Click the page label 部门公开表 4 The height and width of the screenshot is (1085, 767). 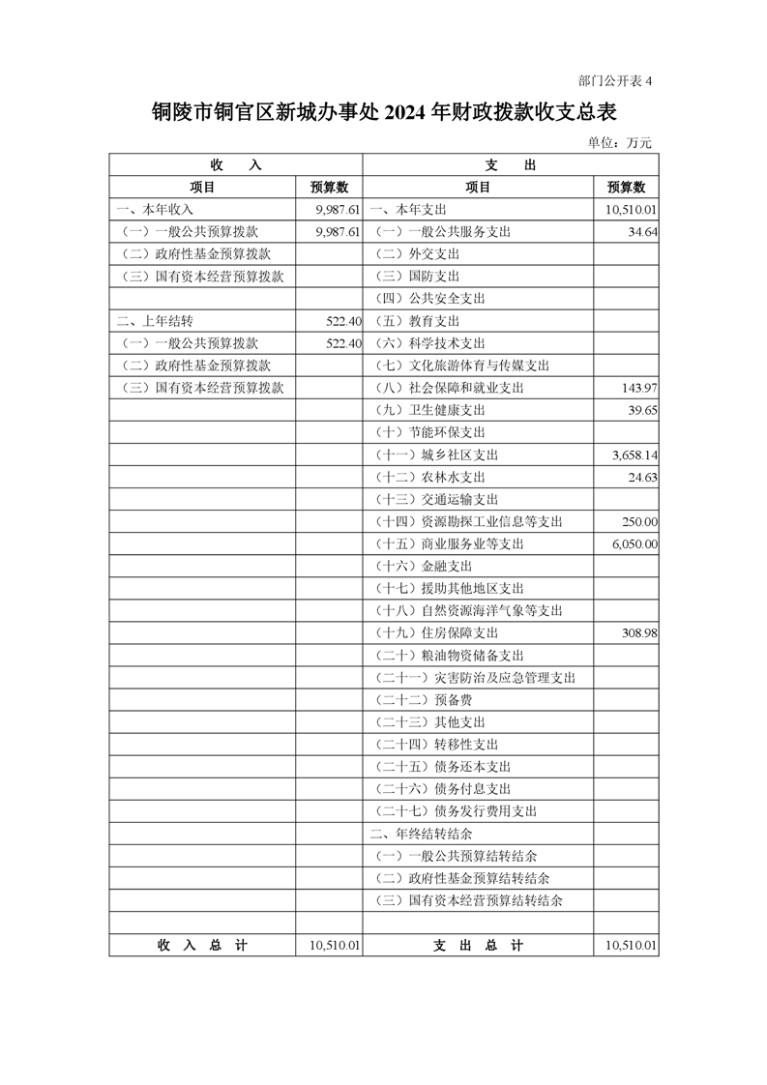(614, 81)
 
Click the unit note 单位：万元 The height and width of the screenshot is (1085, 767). (619, 143)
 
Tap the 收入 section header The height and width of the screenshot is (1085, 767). (235, 165)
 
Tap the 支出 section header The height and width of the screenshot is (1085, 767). (510, 165)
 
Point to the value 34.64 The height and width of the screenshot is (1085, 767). (642, 232)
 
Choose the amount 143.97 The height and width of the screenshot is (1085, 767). (638, 388)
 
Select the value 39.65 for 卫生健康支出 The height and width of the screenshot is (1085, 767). (642, 410)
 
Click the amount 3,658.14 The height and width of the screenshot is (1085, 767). (634, 455)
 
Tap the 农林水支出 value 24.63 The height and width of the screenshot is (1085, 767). (642, 477)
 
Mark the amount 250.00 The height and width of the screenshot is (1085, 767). (639, 521)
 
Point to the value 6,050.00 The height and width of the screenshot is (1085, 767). (634, 543)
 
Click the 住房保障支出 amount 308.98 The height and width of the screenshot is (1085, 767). (638, 632)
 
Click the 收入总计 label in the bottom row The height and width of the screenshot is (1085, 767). (202, 946)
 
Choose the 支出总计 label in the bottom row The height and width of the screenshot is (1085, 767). (478, 946)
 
